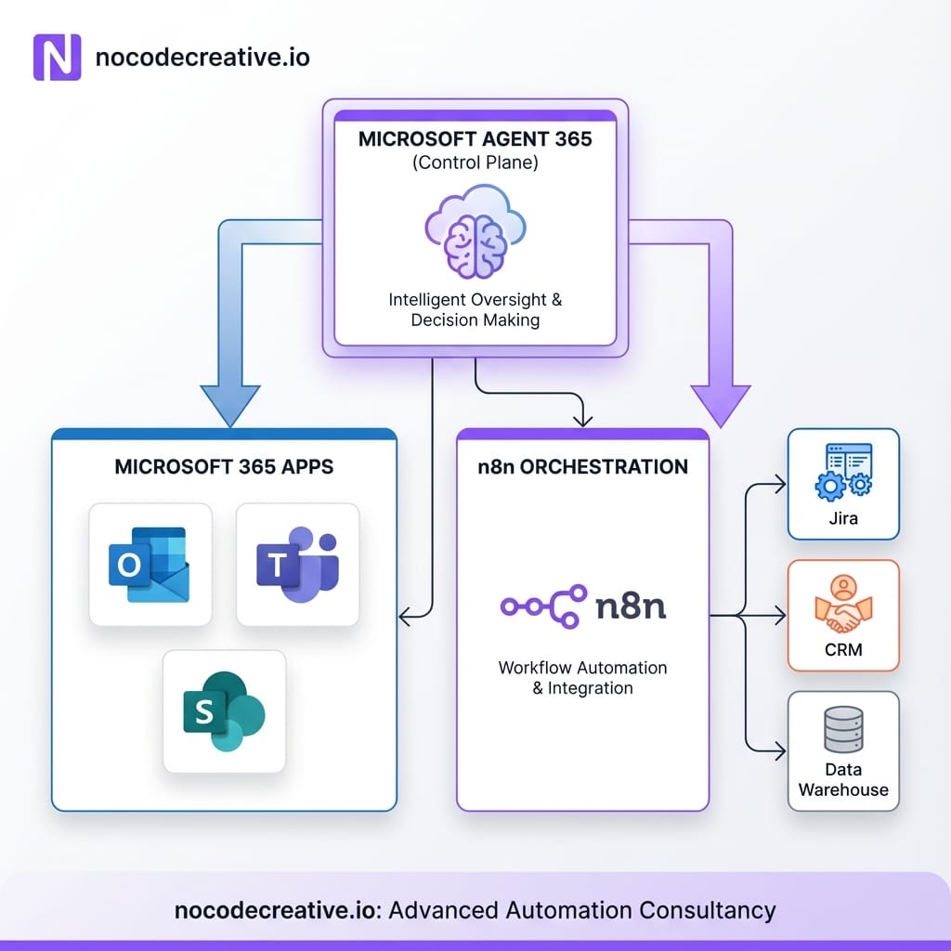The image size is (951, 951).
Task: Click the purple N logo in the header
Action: (58, 58)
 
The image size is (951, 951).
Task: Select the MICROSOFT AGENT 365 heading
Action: (475, 140)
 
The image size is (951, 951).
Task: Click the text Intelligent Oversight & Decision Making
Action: (475, 309)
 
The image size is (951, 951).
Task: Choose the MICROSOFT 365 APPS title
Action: (224, 466)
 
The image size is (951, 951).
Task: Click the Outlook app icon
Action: (149, 564)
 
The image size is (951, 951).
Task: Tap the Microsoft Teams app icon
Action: (297, 564)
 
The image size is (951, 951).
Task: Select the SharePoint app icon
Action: (224, 711)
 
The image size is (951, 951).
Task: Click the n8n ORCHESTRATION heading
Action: (582, 466)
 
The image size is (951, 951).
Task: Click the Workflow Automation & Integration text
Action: (582, 678)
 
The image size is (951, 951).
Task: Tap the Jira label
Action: (843, 518)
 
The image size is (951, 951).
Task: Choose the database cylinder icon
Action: (843, 732)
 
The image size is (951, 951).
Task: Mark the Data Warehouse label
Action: (843, 780)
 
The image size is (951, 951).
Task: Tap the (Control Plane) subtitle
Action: (475, 163)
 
